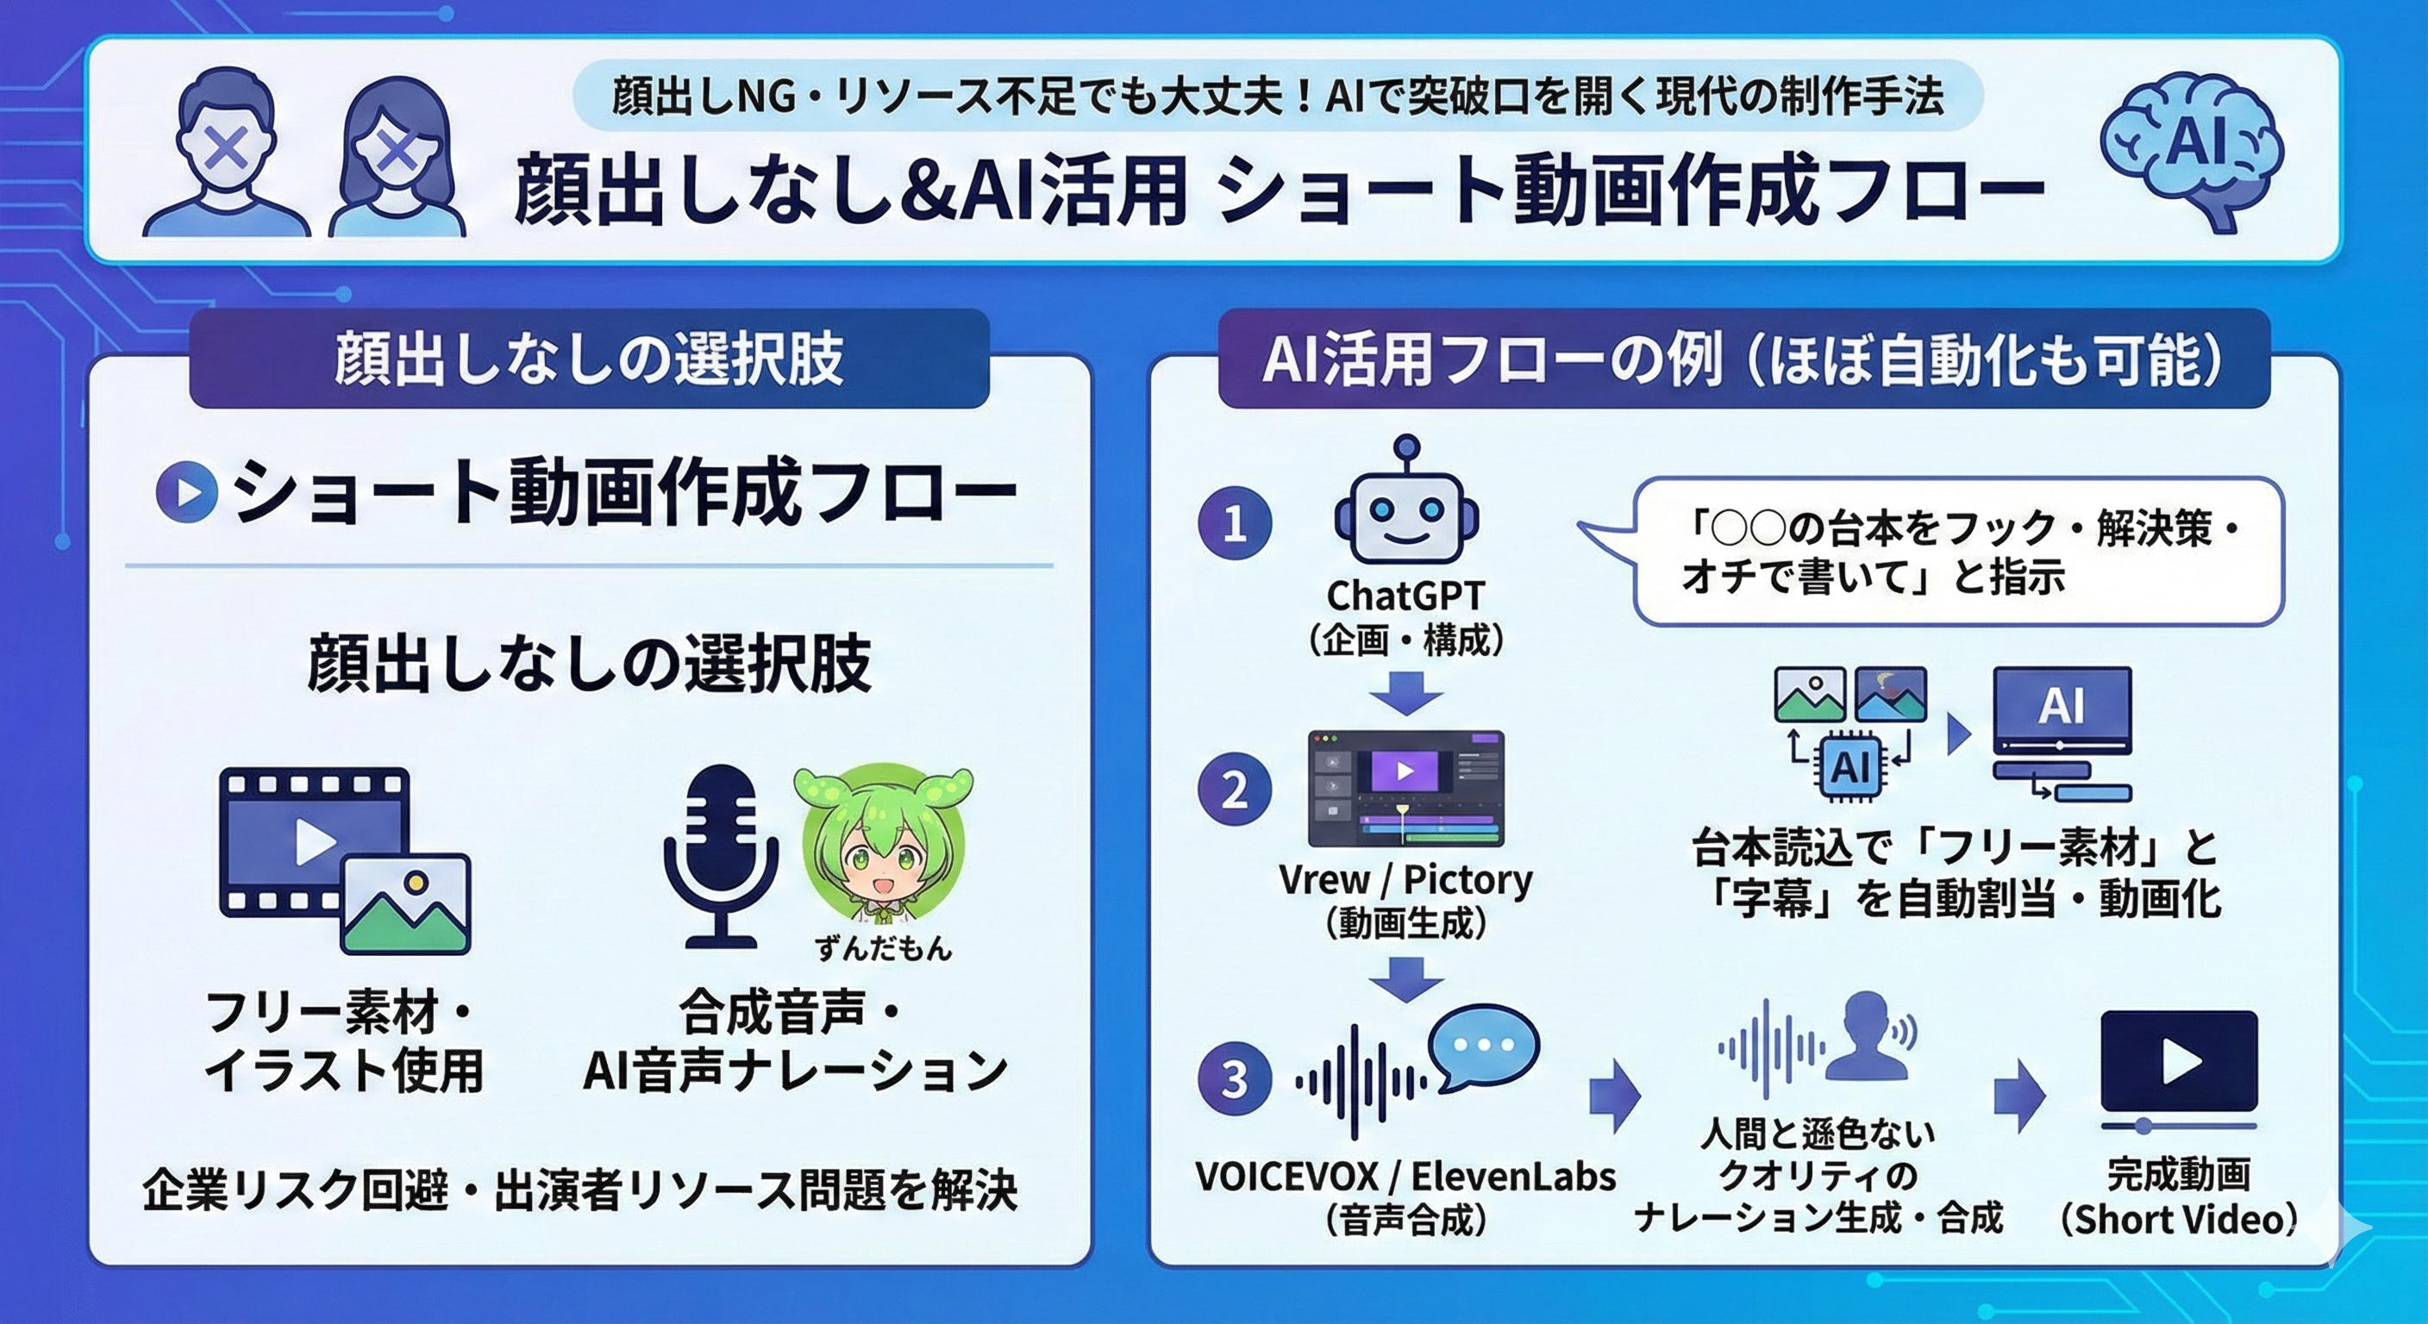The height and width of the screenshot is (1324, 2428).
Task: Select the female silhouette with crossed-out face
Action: [x=396, y=160]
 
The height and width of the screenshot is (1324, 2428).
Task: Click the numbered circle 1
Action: [x=1235, y=523]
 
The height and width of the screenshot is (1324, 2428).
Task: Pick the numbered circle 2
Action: [x=1235, y=790]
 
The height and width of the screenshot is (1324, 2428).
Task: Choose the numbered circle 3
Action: [x=1235, y=1078]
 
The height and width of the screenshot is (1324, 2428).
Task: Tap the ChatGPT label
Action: [x=1405, y=596]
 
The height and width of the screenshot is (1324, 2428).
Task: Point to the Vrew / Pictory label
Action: [x=1405, y=880]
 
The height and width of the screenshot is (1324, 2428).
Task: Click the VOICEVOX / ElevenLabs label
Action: [x=1405, y=1176]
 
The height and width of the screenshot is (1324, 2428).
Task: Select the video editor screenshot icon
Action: [x=1405, y=788]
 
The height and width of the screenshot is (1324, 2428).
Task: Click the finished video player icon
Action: [x=2179, y=1065]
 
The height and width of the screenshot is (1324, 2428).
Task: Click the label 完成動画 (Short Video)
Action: [x=2179, y=1196]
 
